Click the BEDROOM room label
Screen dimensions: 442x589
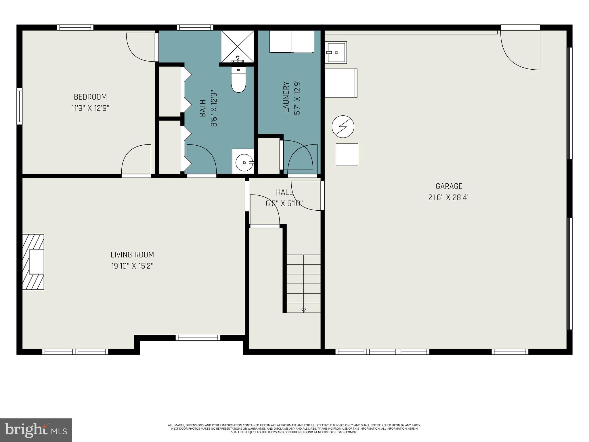[90, 97]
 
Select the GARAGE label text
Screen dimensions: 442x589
[449, 186]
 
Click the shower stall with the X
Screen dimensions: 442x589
[237, 46]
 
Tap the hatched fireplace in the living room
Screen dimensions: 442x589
[33, 262]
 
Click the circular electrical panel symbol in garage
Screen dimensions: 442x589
[343, 127]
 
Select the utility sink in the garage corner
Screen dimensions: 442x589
[336, 52]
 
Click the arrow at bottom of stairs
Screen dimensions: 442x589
[303, 310]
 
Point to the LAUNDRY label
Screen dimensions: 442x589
[286, 97]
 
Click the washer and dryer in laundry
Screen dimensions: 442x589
[292, 42]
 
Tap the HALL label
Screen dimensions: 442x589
[284, 192]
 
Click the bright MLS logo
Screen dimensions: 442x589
[36, 430]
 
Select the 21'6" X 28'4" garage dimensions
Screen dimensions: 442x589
[449, 198]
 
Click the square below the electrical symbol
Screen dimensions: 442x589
[347, 155]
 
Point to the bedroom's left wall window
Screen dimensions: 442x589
[19, 106]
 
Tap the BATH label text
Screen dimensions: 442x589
[203, 108]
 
